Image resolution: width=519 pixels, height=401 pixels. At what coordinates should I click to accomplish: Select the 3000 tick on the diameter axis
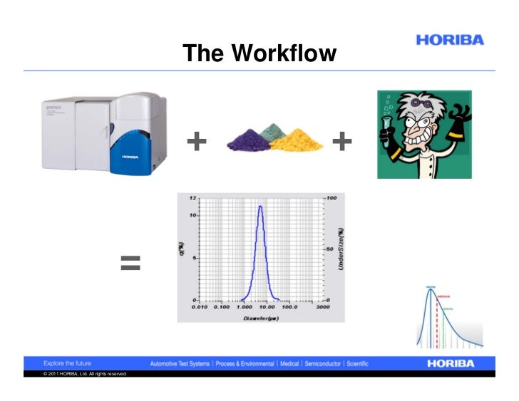323,307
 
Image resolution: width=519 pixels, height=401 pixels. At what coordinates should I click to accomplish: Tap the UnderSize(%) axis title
341,249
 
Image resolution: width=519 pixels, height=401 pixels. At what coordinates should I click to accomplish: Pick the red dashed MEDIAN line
437,313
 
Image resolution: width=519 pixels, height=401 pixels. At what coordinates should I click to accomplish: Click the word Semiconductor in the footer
324,363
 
